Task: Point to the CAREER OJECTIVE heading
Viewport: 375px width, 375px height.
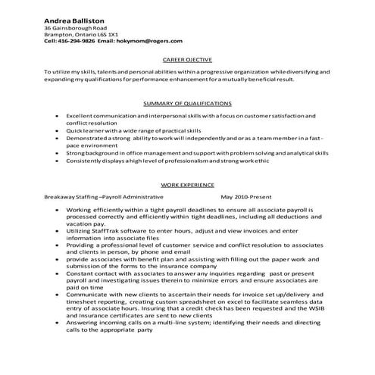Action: point(187,58)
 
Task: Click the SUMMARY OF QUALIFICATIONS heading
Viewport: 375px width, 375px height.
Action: point(187,103)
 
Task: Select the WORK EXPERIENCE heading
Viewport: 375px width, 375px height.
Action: point(187,184)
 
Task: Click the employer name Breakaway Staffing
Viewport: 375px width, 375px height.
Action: point(71,195)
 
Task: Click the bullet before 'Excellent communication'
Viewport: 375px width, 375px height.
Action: point(58,115)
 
